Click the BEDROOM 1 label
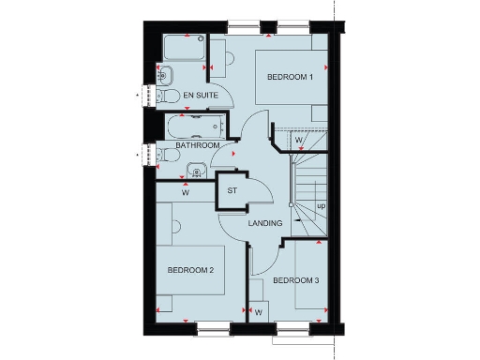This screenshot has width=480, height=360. coord(290,77)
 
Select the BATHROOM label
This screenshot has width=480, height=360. coord(198,146)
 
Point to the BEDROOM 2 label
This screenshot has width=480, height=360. coord(191,270)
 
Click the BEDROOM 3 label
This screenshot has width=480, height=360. coord(296,280)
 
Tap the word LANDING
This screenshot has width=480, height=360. coord(266,223)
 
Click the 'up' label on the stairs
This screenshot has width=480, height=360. coord(321,205)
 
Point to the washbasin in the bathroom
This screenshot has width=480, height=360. coord(196,170)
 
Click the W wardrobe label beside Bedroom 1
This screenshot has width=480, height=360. coord(298,142)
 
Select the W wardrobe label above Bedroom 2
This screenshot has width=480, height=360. coord(186,194)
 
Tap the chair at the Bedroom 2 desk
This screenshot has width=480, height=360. coord(175,224)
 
